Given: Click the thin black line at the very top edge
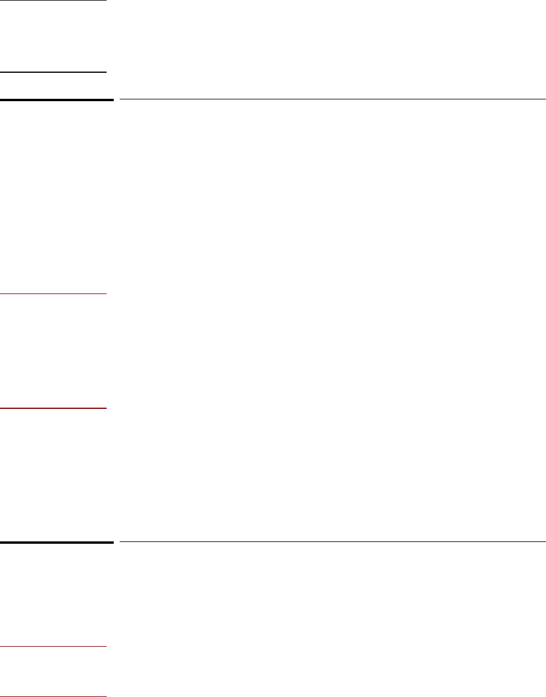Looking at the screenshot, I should click(53, 1).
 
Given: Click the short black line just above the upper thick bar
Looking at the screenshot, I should click(53, 72).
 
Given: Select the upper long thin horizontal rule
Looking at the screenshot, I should click(332, 99).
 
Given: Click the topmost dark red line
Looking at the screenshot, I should click(53, 293).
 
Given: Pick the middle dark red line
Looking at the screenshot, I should click(53, 408).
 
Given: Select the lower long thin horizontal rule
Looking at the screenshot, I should click(332, 541).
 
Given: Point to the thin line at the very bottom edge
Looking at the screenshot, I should click(53, 696).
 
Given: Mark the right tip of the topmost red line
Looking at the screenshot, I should click(106, 293).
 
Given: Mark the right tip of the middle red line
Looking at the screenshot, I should click(106, 408).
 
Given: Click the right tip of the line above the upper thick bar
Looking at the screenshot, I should click(106, 72).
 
